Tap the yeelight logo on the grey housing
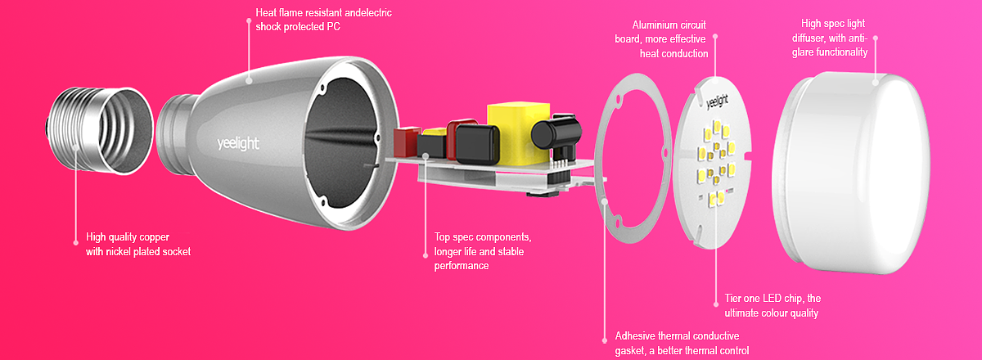(x=238, y=144)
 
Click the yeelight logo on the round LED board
(x=717, y=101)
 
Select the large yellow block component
(x=519, y=133)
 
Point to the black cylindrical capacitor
(x=556, y=131)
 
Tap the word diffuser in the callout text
(x=807, y=38)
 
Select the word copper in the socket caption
(x=155, y=237)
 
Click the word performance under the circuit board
(x=462, y=266)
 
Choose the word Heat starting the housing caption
(x=266, y=13)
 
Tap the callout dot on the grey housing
(x=249, y=81)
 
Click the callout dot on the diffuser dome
(x=876, y=82)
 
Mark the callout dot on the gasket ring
(x=605, y=201)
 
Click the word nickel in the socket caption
(x=119, y=252)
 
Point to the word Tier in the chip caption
(x=732, y=298)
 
